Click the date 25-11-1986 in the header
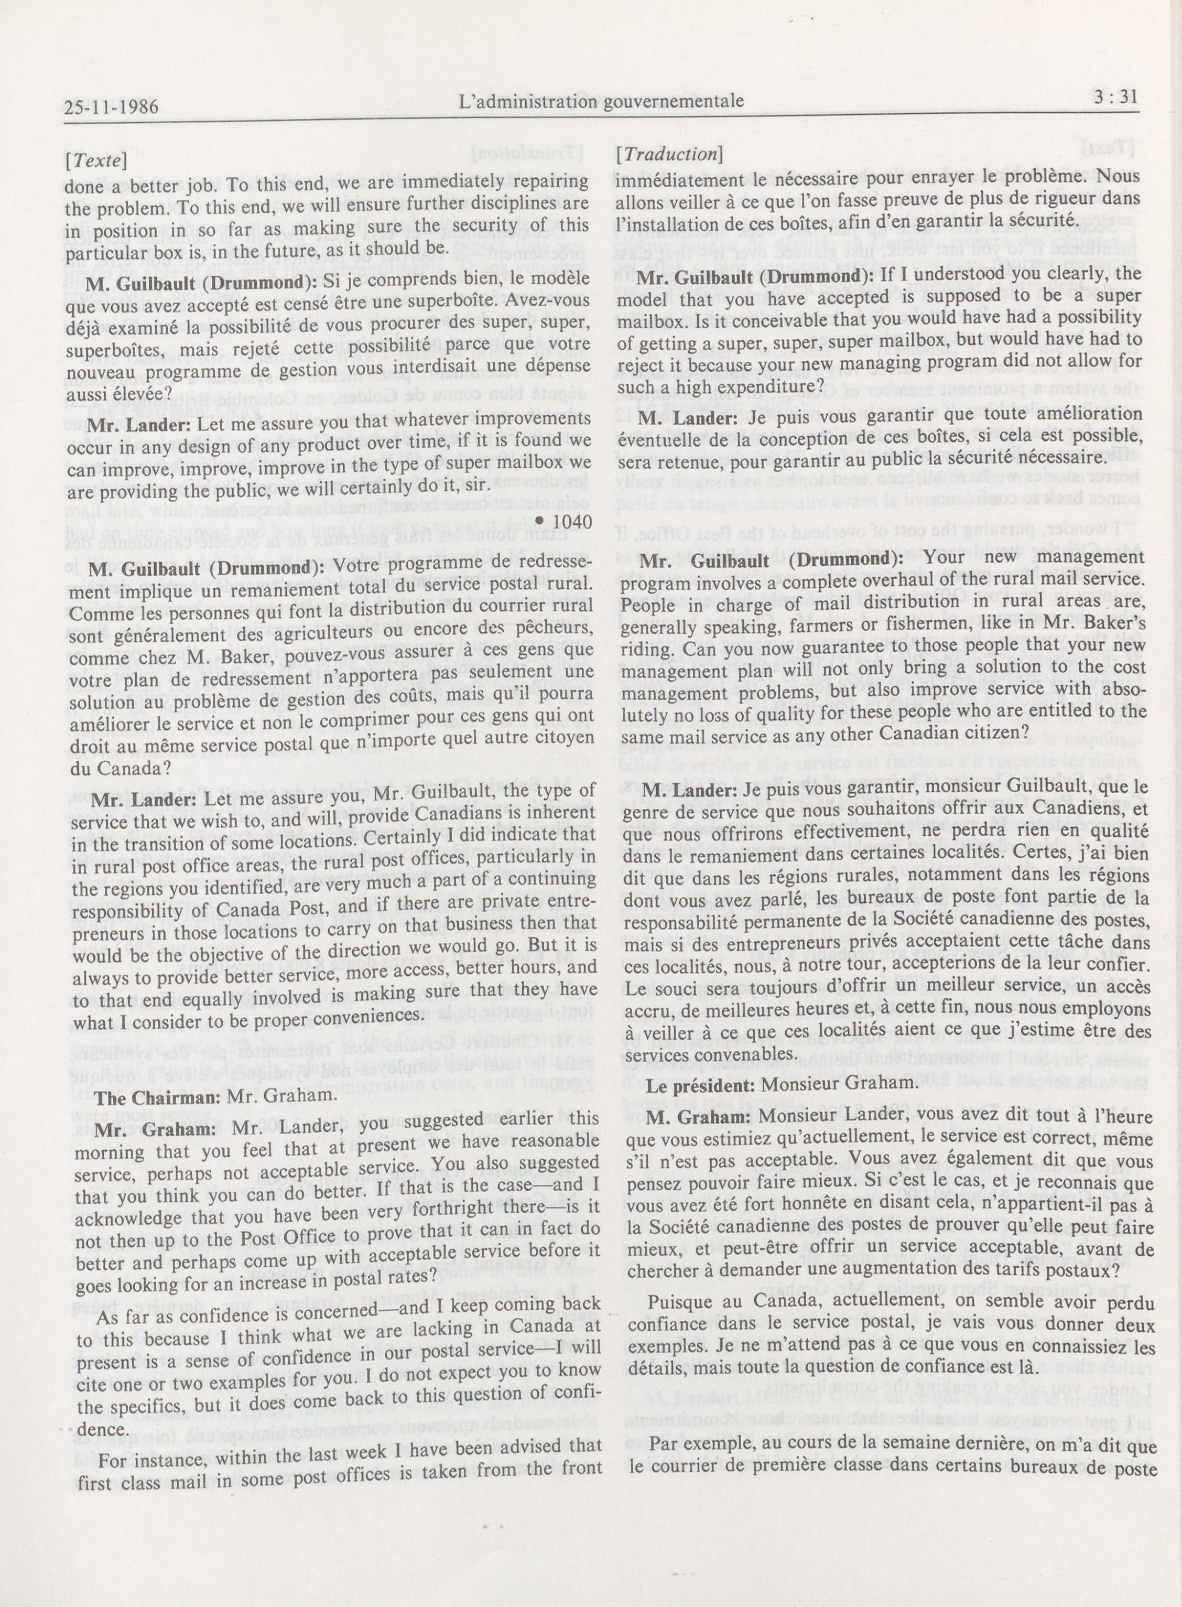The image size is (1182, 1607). click(x=111, y=108)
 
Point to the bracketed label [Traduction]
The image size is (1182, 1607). click(x=669, y=154)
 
